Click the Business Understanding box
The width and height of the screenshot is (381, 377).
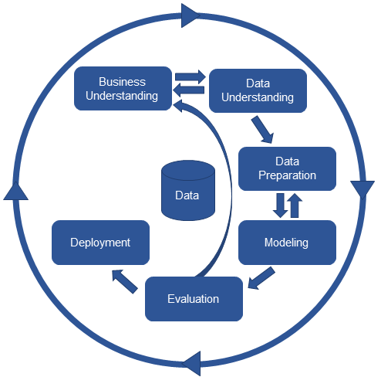tap(123, 89)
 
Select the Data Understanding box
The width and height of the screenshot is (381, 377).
tap(258, 90)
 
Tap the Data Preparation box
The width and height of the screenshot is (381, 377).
tap(287, 168)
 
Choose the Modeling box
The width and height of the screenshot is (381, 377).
tap(287, 243)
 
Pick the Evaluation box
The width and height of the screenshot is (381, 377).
tap(194, 299)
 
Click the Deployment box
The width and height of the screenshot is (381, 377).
tap(100, 243)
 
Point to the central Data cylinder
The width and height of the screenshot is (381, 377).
tap(188, 190)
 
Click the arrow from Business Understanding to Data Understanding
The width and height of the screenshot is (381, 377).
tap(190, 76)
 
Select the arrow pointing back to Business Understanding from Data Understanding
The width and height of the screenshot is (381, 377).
tap(188, 90)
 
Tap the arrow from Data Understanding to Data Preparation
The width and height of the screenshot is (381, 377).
tap(263, 130)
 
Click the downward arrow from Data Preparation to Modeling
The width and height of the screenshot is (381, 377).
tap(280, 205)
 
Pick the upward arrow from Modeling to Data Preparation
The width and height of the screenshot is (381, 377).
tap(295, 205)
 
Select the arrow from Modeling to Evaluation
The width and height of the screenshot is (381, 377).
tap(261, 278)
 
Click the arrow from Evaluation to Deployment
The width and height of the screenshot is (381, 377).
tap(125, 281)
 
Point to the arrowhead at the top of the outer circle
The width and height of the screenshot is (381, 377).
tap(190, 15)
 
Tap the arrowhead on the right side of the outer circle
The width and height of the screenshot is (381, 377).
tap(362, 190)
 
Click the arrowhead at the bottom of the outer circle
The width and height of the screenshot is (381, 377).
tap(191, 363)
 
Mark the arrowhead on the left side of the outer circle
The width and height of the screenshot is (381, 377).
tap(15, 190)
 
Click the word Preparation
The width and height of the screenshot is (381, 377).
tap(287, 175)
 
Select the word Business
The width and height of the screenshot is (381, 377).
tap(123, 82)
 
